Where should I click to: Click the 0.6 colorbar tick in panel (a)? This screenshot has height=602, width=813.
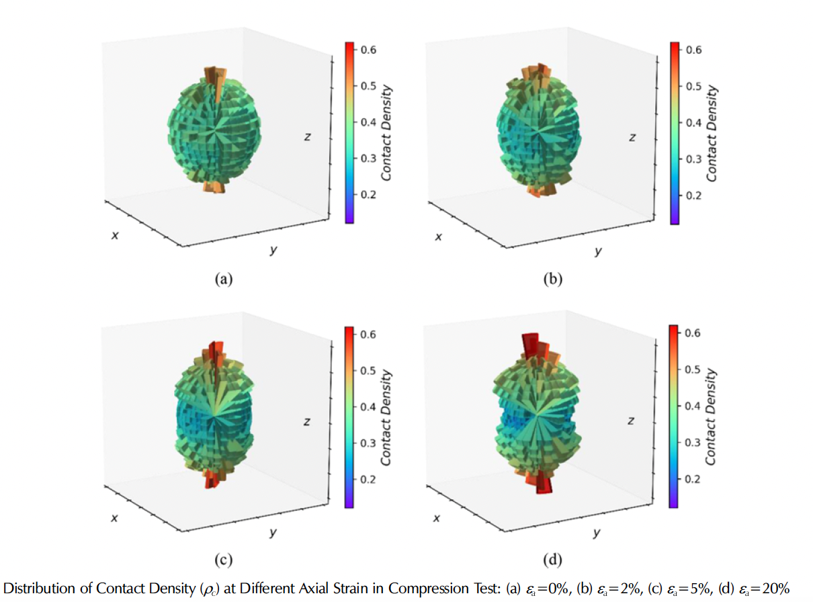coord(368,50)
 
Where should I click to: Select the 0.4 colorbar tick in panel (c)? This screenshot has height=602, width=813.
coord(368,406)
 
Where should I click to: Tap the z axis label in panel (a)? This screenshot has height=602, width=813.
coord(306,137)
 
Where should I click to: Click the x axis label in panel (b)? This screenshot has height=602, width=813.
coord(438,236)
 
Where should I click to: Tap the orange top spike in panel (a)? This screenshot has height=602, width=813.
coord(214,77)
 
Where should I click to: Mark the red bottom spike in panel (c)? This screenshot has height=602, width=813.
coord(212,478)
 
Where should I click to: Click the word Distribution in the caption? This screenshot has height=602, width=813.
coord(40,589)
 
